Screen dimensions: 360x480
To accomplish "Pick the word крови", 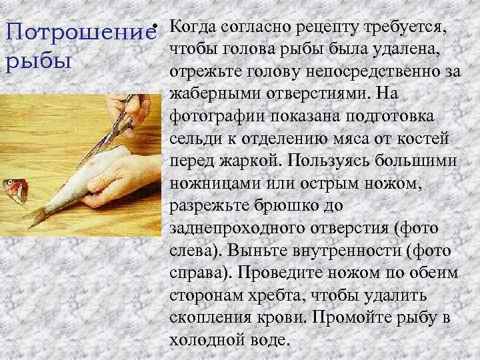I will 275,318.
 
